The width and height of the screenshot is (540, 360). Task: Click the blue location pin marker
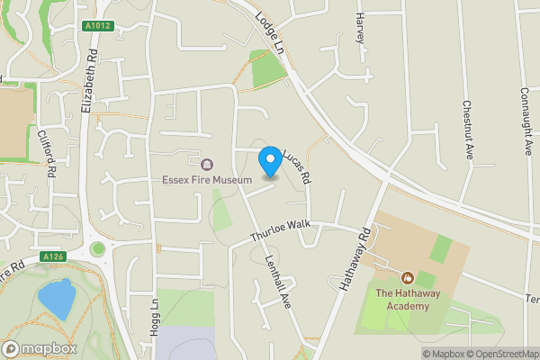(269, 161)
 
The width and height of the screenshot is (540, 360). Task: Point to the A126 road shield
(52, 256)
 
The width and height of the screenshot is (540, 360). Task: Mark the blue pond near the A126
(56, 298)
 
